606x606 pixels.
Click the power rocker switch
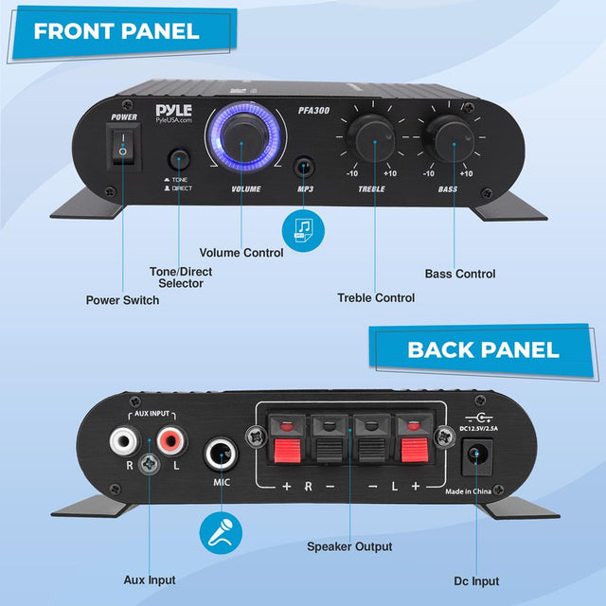[123, 148]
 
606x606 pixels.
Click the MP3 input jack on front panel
[304, 167]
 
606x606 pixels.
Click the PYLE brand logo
[174, 114]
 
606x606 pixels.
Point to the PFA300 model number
[313, 111]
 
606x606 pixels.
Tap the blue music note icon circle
[303, 231]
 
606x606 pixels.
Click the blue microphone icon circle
[221, 532]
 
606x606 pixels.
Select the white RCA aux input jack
[124, 440]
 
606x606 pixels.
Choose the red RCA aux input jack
[171, 440]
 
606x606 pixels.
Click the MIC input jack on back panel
[221, 454]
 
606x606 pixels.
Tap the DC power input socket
[477, 456]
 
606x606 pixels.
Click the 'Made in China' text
[468, 491]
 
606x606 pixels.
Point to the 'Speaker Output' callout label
[349, 546]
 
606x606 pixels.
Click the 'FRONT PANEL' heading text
[116, 31]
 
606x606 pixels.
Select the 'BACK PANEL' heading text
[483, 349]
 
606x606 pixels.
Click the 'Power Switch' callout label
[122, 300]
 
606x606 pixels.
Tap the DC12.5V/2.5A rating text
[479, 428]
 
